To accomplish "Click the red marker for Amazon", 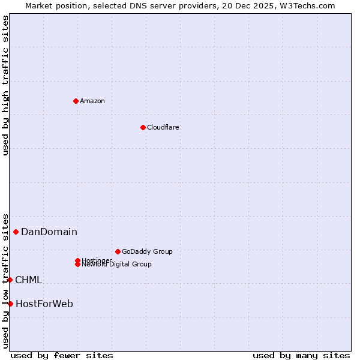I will tap(76, 101).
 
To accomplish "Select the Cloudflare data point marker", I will tap(143, 127).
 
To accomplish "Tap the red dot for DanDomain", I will tap(16, 232).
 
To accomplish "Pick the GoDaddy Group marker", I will tap(118, 251).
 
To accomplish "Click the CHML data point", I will tap(10, 280).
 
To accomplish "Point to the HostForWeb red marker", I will tap(10, 304).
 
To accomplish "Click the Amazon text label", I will tap(92, 101).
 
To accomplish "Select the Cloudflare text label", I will tap(163, 127).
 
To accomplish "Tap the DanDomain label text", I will tap(49, 232).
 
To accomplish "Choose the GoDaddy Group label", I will tap(147, 251).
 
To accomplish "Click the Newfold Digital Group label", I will tap(116, 265).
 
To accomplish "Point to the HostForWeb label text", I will tap(44, 304).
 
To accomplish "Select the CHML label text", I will tap(28, 280).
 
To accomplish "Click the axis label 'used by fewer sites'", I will tap(62, 355).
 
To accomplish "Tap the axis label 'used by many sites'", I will tap(301, 355).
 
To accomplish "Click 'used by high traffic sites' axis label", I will tap(5, 85).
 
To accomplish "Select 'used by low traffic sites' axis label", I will tap(5, 281).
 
